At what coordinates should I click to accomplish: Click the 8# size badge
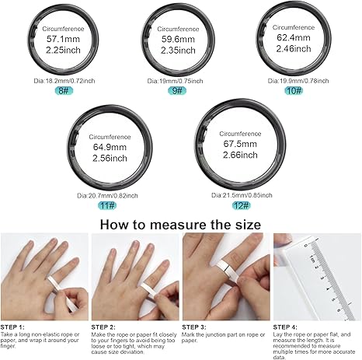(64, 91)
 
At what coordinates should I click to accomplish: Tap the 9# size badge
(177, 91)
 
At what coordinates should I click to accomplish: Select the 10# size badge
(294, 91)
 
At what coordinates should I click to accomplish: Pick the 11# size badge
(107, 205)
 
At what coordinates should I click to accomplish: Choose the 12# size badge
(242, 205)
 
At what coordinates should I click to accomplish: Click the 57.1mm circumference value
(63, 39)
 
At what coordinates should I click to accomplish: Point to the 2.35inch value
(178, 51)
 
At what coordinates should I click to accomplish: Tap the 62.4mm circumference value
(294, 37)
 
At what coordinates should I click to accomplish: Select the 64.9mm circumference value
(110, 147)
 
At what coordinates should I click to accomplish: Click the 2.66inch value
(240, 155)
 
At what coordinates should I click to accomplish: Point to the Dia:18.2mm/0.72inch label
(64, 81)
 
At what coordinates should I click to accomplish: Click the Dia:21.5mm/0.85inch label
(242, 195)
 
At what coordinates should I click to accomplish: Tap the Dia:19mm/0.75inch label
(175, 81)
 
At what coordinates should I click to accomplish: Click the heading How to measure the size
(180, 225)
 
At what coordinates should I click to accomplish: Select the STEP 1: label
(12, 327)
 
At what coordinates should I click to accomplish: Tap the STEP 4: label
(285, 327)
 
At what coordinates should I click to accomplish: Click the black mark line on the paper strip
(227, 269)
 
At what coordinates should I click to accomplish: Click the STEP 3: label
(194, 327)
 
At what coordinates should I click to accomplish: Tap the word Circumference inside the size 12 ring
(240, 134)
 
